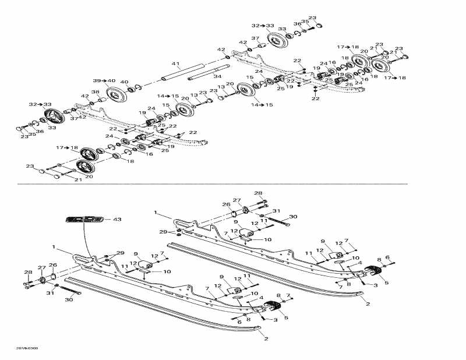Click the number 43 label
click(x=117, y=219)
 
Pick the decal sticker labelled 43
click(x=84, y=220)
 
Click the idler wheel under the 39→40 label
click(x=118, y=94)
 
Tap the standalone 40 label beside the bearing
click(x=124, y=82)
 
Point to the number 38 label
click(x=95, y=92)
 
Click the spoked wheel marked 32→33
click(x=54, y=115)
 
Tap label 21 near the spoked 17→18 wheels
click(x=77, y=180)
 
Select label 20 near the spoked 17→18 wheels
click(x=89, y=177)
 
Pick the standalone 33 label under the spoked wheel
click(x=52, y=128)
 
